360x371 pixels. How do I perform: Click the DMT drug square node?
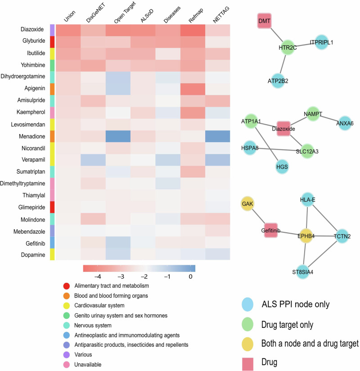(264, 21)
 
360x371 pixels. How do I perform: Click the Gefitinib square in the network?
(273, 230)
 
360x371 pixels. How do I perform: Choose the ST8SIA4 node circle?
(304, 271)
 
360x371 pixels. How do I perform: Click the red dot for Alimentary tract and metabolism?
(67, 286)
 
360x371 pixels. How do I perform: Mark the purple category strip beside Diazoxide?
(52, 30)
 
